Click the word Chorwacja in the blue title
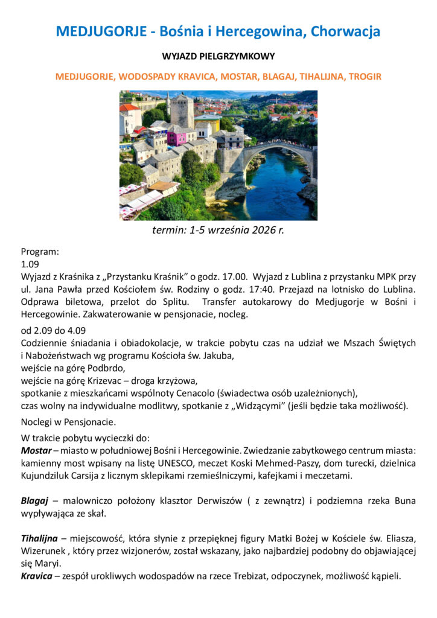pyautogui.click(x=346, y=31)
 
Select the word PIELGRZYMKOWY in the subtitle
pyautogui.click(x=237, y=56)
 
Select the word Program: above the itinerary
pyautogui.click(x=40, y=252)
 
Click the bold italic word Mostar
pyautogui.click(x=36, y=451)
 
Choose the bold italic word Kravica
pyautogui.click(x=36, y=576)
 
